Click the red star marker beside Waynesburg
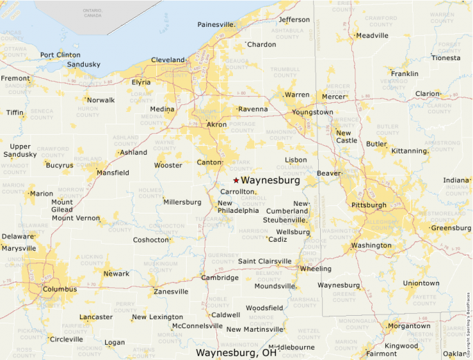(x=236, y=180)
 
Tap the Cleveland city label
(x=168, y=60)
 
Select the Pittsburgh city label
(x=369, y=205)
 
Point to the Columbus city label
(x=59, y=289)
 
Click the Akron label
(x=217, y=125)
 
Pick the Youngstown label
(x=312, y=112)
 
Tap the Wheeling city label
(x=316, y=269)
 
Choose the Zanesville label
(x=171, y=292)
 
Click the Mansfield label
(x=113, y=173)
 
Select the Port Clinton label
(x=60, y=55)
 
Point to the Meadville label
(x=373, y=36)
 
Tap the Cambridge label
(x=220, y=278)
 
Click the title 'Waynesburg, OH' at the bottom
(x=236, y=352)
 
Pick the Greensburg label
(x=450, y=228)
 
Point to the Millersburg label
(x=182, y=202)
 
